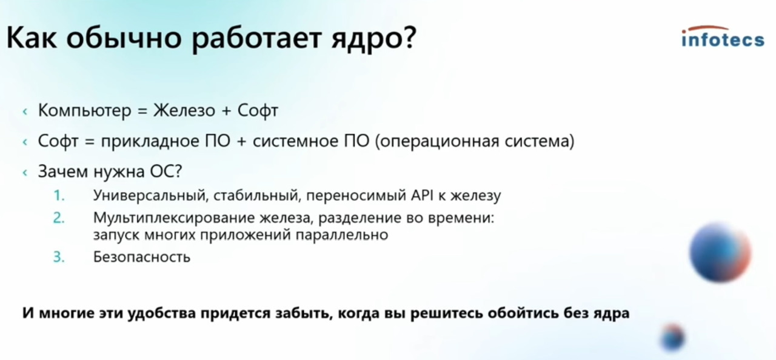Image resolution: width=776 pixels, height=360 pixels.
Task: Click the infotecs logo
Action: [723, 37]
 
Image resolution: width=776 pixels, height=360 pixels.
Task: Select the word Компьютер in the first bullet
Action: [84, 111]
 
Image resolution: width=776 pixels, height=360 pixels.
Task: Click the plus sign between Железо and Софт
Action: [226, 111]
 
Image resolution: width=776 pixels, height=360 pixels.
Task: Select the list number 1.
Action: [59, 196]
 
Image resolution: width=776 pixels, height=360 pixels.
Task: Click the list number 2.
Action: [59, 218]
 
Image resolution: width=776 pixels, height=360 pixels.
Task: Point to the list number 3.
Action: [59, 257]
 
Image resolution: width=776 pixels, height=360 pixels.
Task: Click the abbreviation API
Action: [422, 196]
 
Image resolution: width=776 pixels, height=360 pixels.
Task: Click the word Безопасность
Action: [142, 257]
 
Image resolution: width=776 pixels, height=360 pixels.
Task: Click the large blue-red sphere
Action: [720, 252]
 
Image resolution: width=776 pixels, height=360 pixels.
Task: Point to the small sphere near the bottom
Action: [672, 337]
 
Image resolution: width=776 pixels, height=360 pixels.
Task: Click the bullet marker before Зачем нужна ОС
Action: [25, 172]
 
